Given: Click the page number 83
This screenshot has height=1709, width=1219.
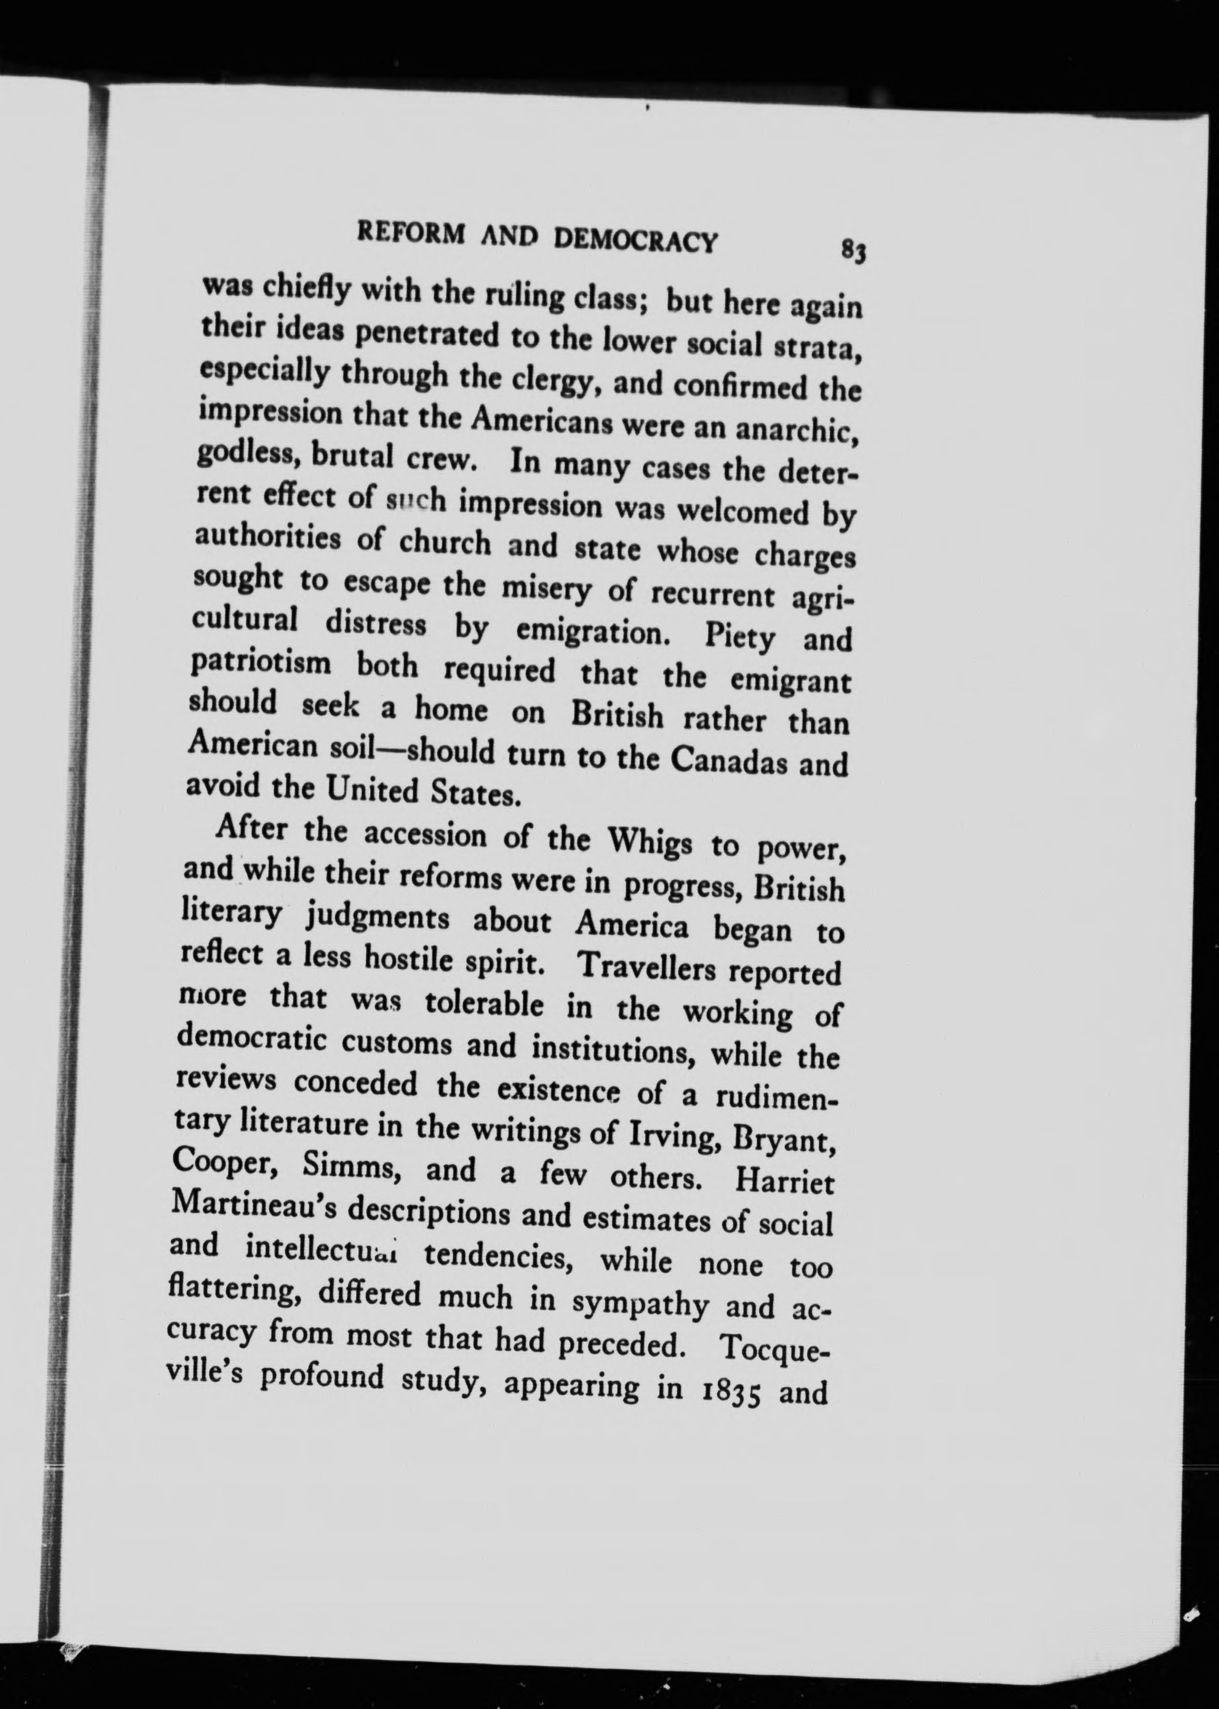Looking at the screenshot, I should [x=854, y=249].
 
